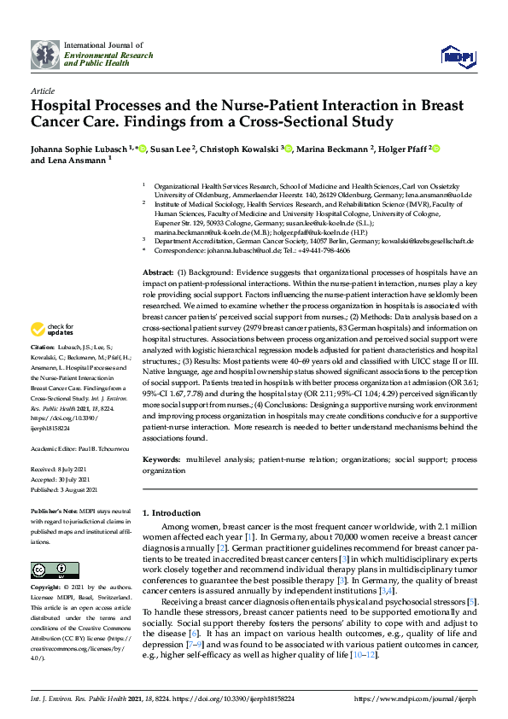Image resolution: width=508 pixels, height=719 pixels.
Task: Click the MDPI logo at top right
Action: click(458, 56)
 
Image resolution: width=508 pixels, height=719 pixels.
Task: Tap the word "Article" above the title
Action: click(42, 90)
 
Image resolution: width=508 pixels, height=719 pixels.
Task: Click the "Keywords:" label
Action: click(162, 459)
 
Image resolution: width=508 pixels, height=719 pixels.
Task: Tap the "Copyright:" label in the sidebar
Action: click(46, 588)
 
